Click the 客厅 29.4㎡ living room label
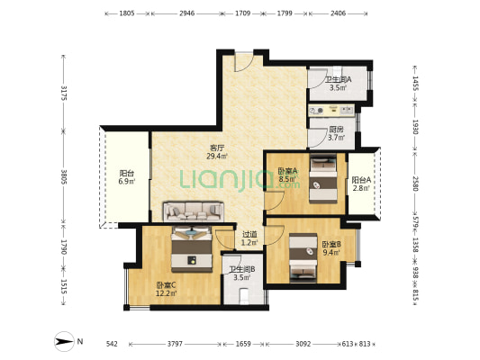click(217, 152)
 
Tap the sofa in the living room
click(194, 211)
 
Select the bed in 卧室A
click(323, 179)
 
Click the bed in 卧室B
click(303, 257)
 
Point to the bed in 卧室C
click(192, 249)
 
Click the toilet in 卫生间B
click(244, 295)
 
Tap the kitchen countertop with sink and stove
click(331, 111)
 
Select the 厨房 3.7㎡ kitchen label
click(336, 134)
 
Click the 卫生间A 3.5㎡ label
click(338, 84)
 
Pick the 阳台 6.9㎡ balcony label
click(127, 177)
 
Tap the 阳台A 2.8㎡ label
click(361, 184)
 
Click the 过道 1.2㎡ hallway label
click(249, 238)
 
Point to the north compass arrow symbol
click(64, 341)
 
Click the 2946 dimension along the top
click(187, 13)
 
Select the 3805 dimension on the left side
click(64, 176)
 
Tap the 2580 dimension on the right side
click(415, 184)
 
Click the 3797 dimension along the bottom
click(175, 344)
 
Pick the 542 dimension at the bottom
click(112, 344)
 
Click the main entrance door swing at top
click(244, 63)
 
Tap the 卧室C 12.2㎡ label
click(166, 289)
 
